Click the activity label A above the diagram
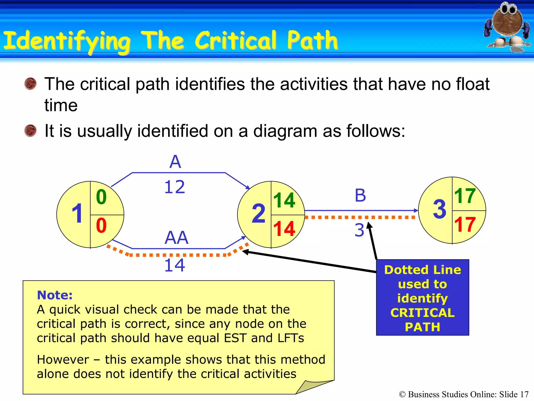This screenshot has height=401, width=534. coord(175,162)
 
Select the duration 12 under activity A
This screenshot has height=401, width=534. coord(175,187)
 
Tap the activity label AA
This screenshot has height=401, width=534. coord(176,238)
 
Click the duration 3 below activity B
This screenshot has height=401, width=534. coord(359,230)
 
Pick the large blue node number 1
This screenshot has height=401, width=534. coord(77,214)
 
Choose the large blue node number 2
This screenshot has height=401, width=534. coord(258,214)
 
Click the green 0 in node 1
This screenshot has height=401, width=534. coord(101,197)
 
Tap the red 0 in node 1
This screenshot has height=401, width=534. coord(101,226)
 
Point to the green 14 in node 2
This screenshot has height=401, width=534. coord(284,200)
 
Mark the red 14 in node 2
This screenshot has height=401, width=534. coord(284,229)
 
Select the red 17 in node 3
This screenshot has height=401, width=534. coord(465,225)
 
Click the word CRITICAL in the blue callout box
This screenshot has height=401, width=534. coord(422,313)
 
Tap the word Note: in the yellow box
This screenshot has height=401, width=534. coord(55,295)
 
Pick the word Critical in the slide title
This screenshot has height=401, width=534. coord(235,40)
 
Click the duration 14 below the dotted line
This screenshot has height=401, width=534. coord(175,265)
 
